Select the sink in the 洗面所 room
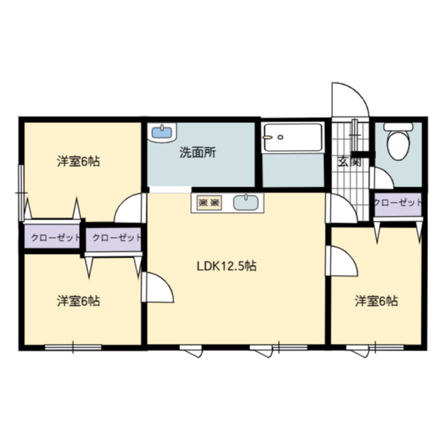tap(162, 132)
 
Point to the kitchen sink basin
tap(245, 203)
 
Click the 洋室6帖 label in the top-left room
tap(78, 162)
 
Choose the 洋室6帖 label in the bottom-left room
tap(78, 301)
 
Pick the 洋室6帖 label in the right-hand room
tap(377, 301)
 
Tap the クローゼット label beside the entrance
tap(397, 203)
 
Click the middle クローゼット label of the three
tap(114, 239)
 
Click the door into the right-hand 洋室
tap(341, 260)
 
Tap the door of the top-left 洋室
tap(130, 207)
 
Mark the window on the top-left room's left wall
tap(22, 192)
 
